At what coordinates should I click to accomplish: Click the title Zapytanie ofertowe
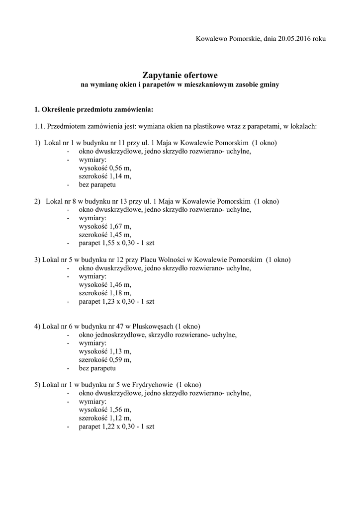[180, 76]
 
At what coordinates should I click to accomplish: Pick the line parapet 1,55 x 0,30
[116, 243]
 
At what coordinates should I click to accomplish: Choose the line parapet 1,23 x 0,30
[116, 301]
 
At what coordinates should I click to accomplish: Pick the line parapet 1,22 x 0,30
[116, 426]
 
